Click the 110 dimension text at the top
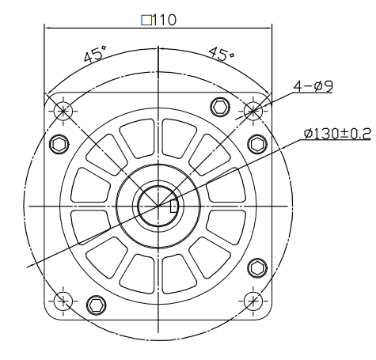(166, 19)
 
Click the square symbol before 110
(145, 19)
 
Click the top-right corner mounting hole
(253, 110)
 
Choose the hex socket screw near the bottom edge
(97, 304)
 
